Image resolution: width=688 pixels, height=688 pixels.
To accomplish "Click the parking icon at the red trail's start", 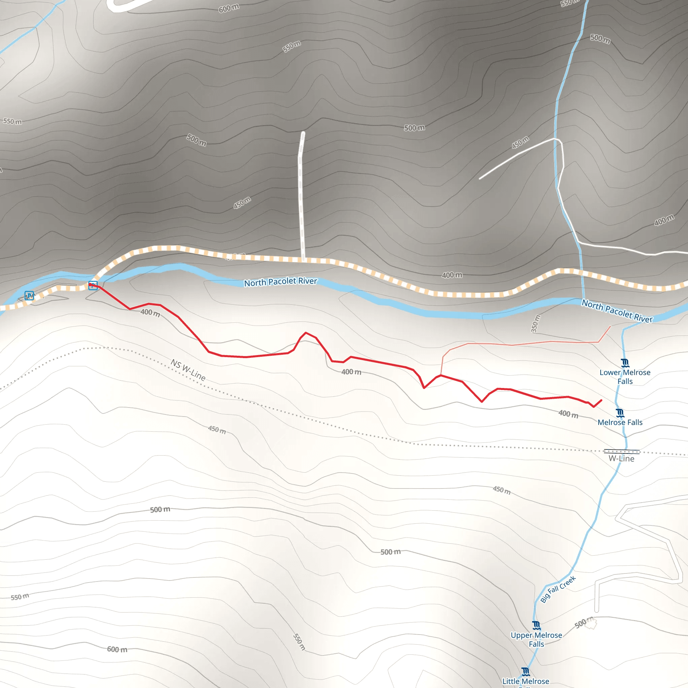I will coord(93,285).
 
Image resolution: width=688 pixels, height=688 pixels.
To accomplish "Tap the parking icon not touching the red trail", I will coord(29,296).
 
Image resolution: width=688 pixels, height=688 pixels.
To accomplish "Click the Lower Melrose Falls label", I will coord(625,377).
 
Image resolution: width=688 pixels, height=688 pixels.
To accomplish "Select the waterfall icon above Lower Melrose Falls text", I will coord(625,363).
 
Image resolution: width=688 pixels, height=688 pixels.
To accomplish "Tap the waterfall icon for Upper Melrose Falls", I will coord(536,625).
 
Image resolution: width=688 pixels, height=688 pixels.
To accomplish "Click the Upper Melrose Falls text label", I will coord(536,640).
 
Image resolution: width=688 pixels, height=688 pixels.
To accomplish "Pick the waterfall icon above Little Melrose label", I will coord(526,672).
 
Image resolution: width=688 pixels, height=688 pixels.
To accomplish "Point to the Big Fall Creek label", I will coord(558,589).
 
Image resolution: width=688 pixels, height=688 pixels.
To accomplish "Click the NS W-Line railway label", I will coord(188,370).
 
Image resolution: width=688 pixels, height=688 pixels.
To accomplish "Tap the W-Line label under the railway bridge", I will coord(621,459).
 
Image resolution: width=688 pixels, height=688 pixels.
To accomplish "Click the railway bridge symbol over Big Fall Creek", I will coord(622,451).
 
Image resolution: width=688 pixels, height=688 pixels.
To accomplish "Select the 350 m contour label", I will coord(535,324).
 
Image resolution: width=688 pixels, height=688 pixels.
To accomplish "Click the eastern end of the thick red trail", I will coord(601,400).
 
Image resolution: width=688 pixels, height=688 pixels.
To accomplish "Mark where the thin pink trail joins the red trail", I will coord(441,375).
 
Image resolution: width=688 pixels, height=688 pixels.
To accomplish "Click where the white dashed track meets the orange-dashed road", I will coord(303,260).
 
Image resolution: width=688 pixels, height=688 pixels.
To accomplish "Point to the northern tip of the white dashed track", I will coord(303,133).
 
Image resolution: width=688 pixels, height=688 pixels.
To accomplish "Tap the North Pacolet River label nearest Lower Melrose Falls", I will coord(617,311).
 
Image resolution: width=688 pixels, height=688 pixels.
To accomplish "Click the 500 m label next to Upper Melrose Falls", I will coord(584,622).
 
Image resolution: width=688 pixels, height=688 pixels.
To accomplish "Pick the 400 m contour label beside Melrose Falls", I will coord(568,414).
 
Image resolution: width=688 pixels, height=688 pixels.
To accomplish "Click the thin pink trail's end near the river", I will coord(610,326).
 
